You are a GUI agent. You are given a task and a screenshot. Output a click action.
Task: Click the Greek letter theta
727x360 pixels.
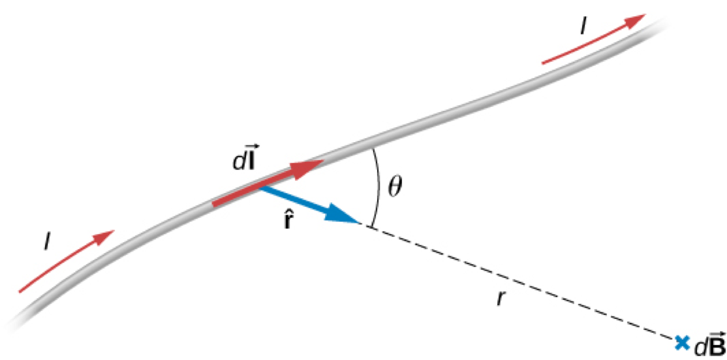(x=395, y=187)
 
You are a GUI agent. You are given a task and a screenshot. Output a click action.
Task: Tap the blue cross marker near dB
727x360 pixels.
(x=682, y=341)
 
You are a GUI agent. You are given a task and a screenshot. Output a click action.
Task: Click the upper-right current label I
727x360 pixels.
(x=583, y=27)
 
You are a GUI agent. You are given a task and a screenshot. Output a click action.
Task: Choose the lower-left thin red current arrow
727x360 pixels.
(x=65, y=261)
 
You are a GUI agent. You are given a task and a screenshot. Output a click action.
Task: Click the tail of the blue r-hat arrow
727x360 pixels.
(x=262, y=188)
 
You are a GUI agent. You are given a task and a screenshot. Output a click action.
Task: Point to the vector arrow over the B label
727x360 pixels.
(x=716, y=335)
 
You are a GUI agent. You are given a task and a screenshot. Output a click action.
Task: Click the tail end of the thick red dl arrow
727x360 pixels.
(x=215, y=203)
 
